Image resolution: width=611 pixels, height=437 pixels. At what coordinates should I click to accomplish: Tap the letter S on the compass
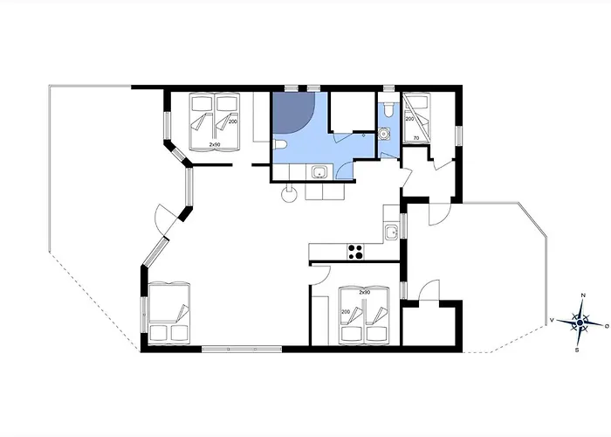(x=577, y=350)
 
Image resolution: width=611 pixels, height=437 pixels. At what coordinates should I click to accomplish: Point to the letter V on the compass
(x=552, y=321)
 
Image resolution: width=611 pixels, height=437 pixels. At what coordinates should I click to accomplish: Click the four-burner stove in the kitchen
(x=355, y=252)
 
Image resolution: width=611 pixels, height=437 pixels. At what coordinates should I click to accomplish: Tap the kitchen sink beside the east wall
(x=393, y=232)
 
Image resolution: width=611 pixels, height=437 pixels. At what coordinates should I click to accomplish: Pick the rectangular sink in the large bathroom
(x=319, y=171)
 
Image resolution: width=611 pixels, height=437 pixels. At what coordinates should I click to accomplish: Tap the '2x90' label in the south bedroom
(x=365, y=292)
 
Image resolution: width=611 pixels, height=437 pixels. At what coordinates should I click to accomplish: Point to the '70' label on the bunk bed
(x=415, y=138)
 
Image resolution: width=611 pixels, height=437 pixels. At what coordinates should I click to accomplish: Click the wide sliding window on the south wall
(x=241, y=349)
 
